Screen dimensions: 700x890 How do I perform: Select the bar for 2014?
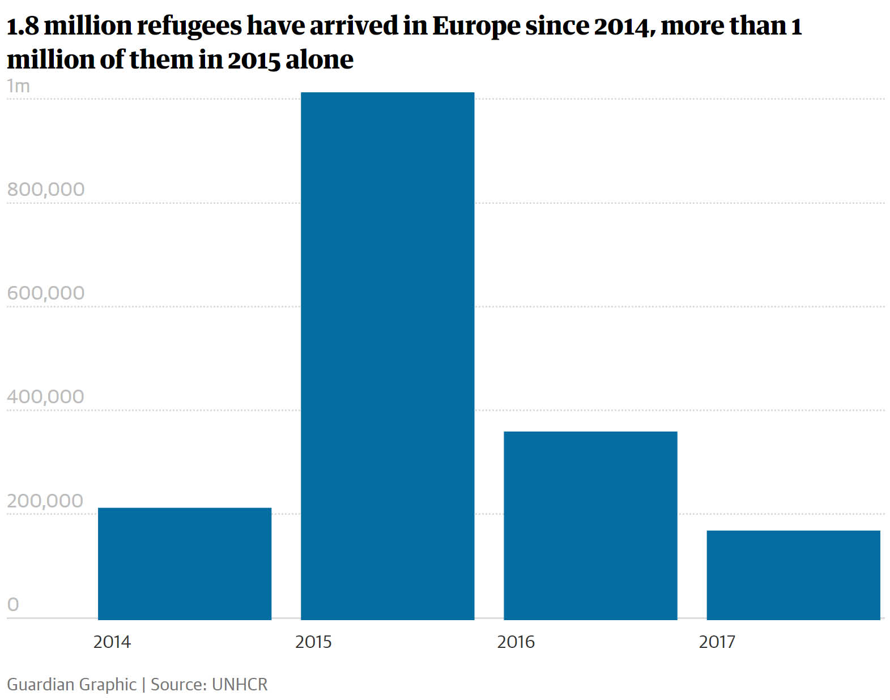tap(184, 564)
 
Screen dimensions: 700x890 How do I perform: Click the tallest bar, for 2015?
tap(387, 356)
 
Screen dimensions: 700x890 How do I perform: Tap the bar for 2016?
tap(590, 526)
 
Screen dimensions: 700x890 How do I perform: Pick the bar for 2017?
tap(793, 575)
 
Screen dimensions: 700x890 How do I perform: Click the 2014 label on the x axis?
tap(112, 642)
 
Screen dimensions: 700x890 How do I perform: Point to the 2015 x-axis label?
tap(313, 642)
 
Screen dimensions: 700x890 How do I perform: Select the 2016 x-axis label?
tap(516, 642)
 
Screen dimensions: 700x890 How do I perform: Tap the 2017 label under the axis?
tap(717, 642)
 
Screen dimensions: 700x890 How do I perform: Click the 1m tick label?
tap(18, 86)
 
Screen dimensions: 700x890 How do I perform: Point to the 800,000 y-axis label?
tap(46, 189)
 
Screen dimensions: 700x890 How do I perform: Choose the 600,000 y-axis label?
tap(46, 293)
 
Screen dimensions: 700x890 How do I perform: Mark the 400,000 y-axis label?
tap(46, 396)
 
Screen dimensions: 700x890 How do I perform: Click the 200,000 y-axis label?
tap(45, 501)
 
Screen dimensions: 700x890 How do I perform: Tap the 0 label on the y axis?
tap(13, 604)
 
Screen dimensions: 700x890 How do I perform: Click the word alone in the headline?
tap(320, 59)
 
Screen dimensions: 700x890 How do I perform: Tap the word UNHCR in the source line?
tap(239, 684)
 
